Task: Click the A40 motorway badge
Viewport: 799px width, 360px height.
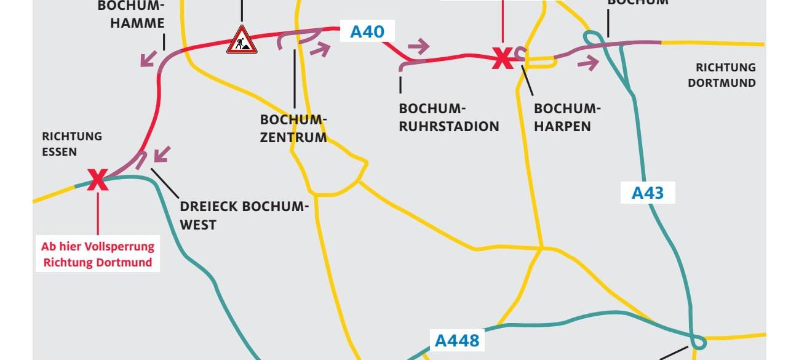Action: click(367, 31)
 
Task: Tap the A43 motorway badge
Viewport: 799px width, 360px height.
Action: click(648, 193)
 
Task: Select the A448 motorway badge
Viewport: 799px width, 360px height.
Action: click(457, 340)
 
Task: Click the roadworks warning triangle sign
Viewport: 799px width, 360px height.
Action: click(242, 41)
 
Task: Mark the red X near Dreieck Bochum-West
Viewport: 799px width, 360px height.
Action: click(97, 180)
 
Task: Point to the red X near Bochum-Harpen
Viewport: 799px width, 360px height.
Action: click(501, 58)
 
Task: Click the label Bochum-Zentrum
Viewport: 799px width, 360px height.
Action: click(293, 128)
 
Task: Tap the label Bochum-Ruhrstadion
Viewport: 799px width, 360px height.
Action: click(449, 118)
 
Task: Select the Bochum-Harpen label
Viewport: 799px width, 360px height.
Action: click(566, 118)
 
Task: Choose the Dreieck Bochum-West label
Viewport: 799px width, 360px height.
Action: click(244, 215)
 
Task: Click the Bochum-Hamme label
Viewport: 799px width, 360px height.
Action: click(131, 15)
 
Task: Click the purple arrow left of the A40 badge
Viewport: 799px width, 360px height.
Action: click(320, 49)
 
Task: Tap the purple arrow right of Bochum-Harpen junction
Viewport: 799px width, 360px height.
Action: click(588, 62)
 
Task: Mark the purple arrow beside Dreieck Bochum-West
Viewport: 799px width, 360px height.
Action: click(161, 153)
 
